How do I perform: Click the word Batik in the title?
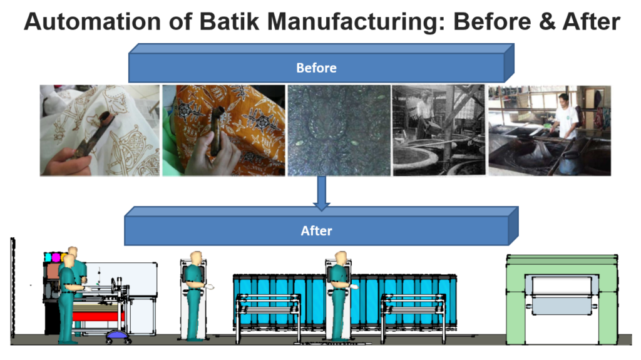coord(229,21)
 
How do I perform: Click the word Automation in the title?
coord(93,21)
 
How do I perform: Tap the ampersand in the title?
coord(546,21)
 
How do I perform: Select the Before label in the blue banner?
coord(316,68)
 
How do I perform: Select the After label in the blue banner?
coord(316,231)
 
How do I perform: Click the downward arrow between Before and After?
coord(322,193)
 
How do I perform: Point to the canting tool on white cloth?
coord(92,135)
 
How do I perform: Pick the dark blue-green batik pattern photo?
coord(339,130)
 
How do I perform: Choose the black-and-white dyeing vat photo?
coord(439,130)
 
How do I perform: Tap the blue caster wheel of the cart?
coord(118,336)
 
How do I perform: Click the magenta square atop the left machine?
coord(56,257)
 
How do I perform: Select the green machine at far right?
coord(562,299)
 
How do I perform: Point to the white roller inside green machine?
coord(562,285)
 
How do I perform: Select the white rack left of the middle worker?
coord(269,316)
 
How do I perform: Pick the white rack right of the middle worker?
coord(413,316)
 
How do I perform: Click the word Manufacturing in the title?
coord(356,21)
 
